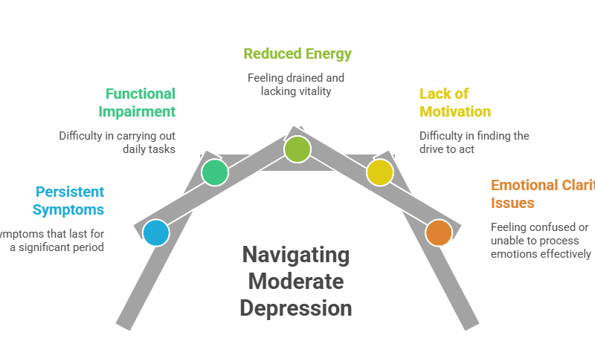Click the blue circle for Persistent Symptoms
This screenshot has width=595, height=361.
[156, 232]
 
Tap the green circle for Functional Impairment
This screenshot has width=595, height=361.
[215, 172]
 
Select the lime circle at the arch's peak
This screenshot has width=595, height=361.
[297, 149]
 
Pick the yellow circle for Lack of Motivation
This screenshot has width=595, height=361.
[380, 172]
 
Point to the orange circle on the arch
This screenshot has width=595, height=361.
[439, 232]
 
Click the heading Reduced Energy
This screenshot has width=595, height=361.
[297, 53]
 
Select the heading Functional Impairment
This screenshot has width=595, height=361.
[140, 103]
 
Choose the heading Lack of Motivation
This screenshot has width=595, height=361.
[455, 103]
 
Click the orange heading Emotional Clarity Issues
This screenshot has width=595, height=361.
[541, 194]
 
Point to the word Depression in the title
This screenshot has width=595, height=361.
[296, 308]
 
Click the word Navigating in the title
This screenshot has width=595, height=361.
[296, 255]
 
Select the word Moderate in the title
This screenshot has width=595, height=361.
[296, 282]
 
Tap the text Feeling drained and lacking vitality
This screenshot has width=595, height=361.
[297, 84]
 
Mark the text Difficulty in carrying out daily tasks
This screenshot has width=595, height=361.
[118, 143]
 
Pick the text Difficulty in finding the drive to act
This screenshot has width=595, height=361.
[475, 143]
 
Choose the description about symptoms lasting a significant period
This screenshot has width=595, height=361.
[52, 241]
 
